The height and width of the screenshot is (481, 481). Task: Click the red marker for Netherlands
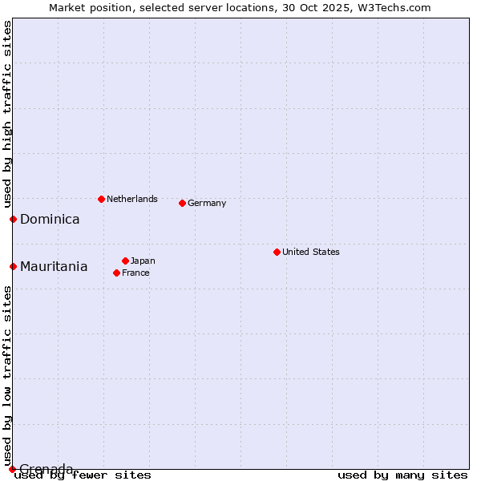pos(101,199)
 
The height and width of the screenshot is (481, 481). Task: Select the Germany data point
pos(182,203)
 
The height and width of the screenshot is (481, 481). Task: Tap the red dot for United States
pos(277,252)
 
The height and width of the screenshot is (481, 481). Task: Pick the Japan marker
pos(125,261)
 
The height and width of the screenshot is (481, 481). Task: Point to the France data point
pos(116,273)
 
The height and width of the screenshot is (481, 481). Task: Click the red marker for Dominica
pos(13,219)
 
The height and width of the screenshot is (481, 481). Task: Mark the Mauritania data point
pos(13,266)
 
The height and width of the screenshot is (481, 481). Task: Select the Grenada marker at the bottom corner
pos(12,469)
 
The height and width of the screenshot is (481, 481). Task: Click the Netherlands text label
pos(132,199)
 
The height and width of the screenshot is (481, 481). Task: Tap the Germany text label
pos(207,203)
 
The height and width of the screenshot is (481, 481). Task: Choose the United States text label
pos(311,252)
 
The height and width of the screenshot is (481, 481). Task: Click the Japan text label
pos(143,261)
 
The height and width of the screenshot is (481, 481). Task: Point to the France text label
pos(135,273)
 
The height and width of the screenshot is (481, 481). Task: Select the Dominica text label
pos(50,219)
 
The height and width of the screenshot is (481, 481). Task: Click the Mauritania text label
pos(54,266)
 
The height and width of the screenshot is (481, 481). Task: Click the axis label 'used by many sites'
pos(402,475)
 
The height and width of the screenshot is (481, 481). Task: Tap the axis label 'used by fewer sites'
pos(83,475)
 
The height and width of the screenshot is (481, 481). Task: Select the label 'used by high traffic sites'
pos(7,114)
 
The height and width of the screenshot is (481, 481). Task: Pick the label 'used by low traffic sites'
pos(7,375)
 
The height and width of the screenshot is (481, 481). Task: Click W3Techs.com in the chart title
pos(394,7)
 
